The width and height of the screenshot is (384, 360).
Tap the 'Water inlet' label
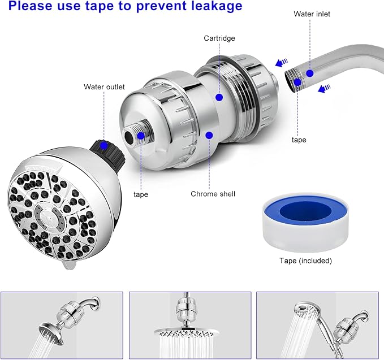[x=312, y=14]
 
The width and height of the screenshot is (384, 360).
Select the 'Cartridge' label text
[x=219, y=38]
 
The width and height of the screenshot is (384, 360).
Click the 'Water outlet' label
[x=103, y=87]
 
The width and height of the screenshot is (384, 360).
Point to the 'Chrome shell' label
[x=213, y=194]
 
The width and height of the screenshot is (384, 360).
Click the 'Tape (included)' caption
[x=305, y=261]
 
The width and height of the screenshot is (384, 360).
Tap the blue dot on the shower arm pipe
[x=310, y=73]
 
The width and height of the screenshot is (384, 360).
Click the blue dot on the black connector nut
[x=103, y=145]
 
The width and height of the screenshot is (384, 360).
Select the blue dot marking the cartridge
[x=219, y=97]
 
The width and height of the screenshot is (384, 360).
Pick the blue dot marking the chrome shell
[x=209, y=135]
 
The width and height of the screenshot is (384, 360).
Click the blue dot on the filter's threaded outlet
[x=140, y=136]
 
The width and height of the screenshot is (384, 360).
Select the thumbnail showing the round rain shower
[x=190, y=322]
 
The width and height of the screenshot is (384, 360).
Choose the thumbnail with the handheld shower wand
[x=319, y=322]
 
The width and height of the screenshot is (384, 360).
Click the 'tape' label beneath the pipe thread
[x=299, y=140]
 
